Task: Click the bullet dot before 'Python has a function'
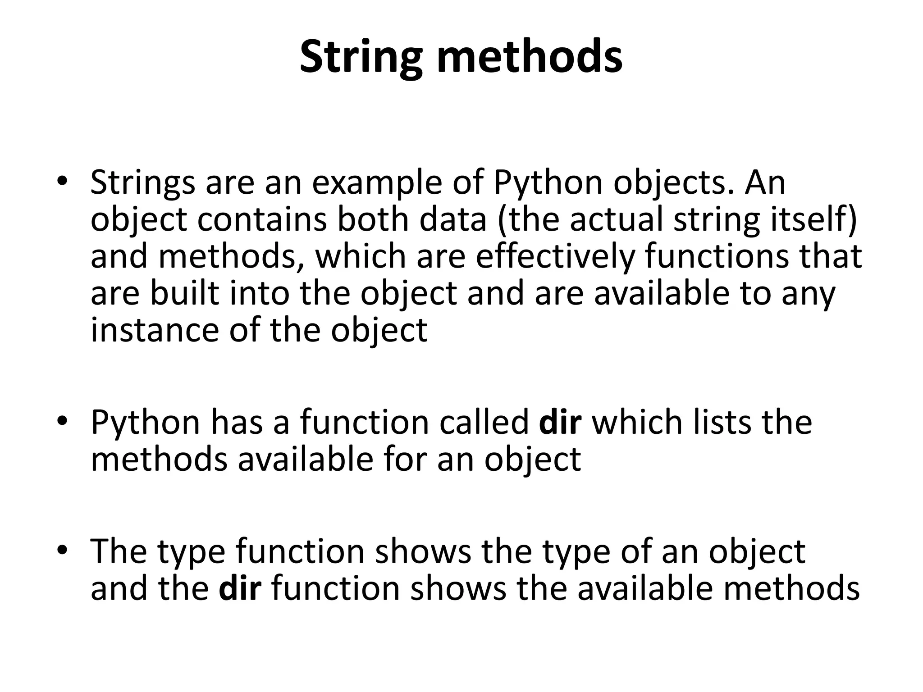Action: pos(62,421)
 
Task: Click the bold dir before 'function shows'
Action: pos(240,589)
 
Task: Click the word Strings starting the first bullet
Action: pos(143,183)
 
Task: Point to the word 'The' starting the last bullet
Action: pos(119,551)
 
